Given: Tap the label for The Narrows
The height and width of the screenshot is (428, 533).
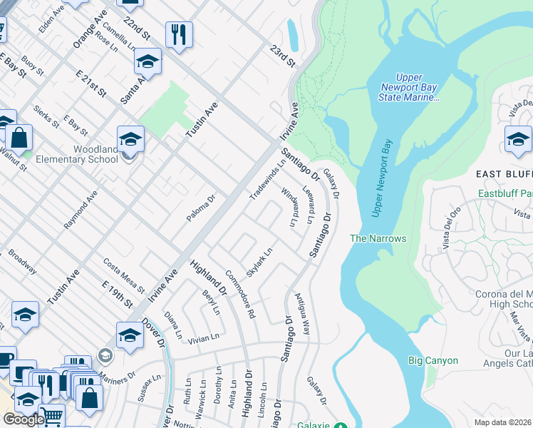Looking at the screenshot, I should [378, 238].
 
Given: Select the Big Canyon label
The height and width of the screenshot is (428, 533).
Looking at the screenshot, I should [433, 361].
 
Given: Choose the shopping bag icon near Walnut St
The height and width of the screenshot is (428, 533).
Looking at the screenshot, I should [20, 137].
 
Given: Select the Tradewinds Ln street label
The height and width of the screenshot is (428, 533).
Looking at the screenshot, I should [267, 178].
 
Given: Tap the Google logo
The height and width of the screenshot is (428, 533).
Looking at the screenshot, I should [24, 419].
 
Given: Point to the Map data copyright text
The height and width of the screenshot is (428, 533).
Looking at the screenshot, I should [503, 422].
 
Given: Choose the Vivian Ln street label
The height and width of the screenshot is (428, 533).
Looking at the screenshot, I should [203, 337].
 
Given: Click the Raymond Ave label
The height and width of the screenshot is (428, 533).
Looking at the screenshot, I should [80, 210].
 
